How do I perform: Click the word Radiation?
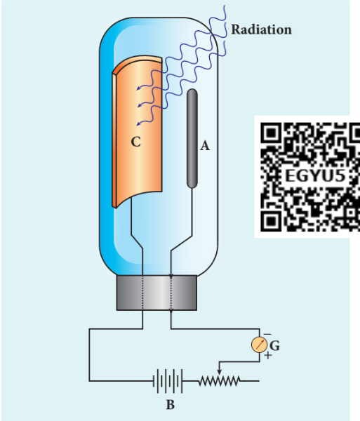[x=261, y=29]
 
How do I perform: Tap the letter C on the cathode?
[x=136, y=142]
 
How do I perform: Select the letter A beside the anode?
[x=205, y=146]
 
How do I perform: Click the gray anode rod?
[x=192, y=138]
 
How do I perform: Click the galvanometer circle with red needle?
[x=260, y=345]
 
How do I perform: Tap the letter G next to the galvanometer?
[x=274, y=345]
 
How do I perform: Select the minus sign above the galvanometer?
[x=267, y=334]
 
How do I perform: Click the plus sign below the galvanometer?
[x=268, y=356]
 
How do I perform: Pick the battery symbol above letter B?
[x=168, y=381]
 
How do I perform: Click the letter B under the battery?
[x=171, y=405]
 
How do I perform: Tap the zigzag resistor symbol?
[x=220, y=381]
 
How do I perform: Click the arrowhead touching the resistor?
[x=220, y=372]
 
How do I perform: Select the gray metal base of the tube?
[x=156, y=293]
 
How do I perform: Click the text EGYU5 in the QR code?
[x=315, y=176]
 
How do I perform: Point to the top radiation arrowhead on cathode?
[x=139, y=88]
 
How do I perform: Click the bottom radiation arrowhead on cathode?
[x=139, y=123]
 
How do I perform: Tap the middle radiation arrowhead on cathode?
[x=140, y=105]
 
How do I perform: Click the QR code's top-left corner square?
[x=271, y=133]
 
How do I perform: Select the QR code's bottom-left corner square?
[x=271, y=221]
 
